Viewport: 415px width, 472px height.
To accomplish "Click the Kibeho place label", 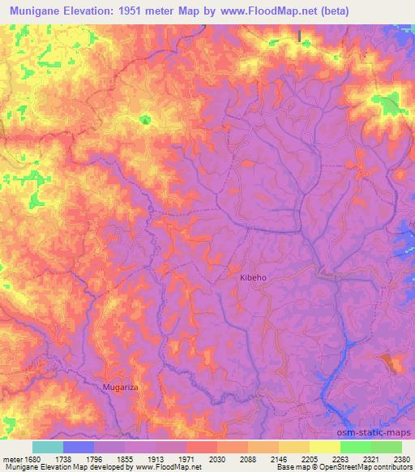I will tap(253, 277).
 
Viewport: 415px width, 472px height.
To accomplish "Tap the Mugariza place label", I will tap(122, 388).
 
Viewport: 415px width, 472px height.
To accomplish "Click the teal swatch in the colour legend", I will tap(48, 447).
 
